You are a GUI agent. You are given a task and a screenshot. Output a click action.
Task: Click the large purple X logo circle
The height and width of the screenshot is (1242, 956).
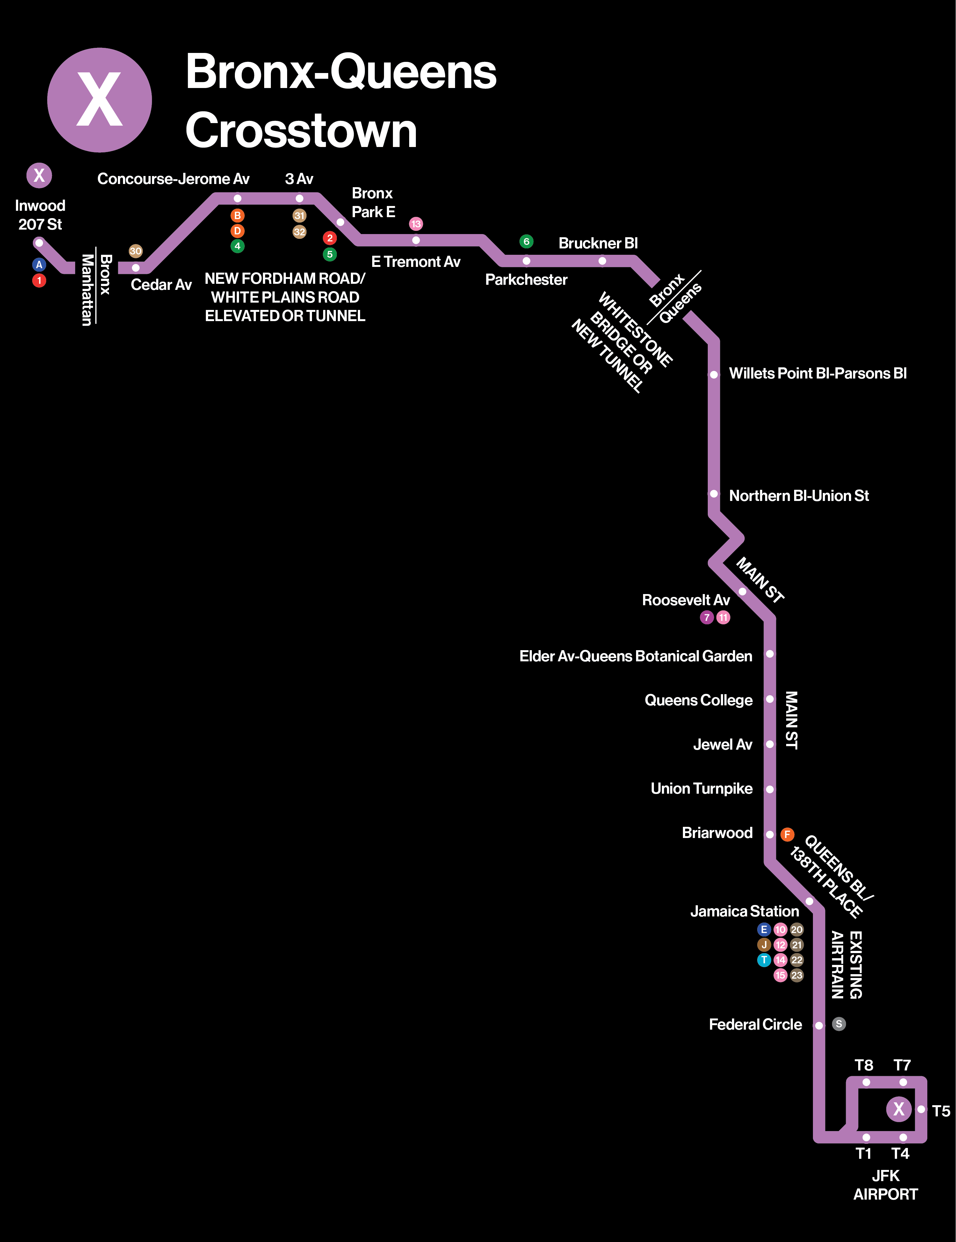click(99, 100)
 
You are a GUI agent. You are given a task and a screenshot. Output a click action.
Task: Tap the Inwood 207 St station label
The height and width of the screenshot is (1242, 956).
click(40, 215)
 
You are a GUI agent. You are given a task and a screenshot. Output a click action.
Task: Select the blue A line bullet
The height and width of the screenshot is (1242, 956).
click(39, 264)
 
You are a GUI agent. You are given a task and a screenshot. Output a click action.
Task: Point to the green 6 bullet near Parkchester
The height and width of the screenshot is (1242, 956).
click(526, 242)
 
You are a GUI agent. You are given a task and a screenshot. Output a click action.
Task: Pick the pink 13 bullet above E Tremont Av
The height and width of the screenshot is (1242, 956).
click(416, 224)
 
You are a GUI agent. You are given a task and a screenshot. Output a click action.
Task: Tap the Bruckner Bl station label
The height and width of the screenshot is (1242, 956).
click(598, 243)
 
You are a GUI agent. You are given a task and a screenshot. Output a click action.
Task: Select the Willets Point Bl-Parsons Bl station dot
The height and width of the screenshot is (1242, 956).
click(713, 375)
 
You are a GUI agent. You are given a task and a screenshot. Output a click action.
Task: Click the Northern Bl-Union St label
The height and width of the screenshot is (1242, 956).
click(799, 496)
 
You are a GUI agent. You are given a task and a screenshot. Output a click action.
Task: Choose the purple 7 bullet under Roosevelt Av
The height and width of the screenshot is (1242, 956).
click(706, 618)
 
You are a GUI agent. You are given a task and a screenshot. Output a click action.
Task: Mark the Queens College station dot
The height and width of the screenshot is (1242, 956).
click(770, 699)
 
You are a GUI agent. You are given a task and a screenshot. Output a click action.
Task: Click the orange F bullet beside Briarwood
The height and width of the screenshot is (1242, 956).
click(787, 834)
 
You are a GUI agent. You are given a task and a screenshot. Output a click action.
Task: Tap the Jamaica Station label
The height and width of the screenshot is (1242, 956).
click(745, 912)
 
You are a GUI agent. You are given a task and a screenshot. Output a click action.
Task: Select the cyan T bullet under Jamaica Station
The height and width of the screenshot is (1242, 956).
click(764, 960)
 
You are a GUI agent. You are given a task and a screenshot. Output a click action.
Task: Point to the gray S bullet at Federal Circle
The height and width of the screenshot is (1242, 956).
click(839, 1024)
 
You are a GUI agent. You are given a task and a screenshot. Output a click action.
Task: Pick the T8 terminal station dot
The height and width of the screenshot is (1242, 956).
click(866, 1082)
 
